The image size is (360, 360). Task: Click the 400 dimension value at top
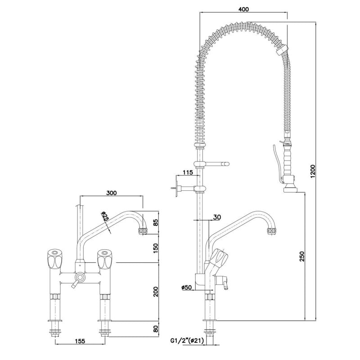point(243,9)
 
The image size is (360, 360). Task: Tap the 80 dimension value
point(155,329)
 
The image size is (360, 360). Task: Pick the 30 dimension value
point(216,217)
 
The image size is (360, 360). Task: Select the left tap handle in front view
point(54,260)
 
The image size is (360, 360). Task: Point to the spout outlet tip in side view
point(271,232)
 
